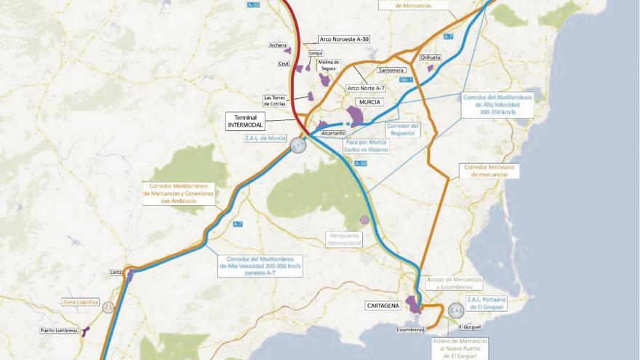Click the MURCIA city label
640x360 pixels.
370,103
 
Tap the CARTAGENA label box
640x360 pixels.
383,306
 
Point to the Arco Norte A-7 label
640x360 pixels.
364,88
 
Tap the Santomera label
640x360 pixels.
391,71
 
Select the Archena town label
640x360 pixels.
278,45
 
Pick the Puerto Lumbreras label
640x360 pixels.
59,331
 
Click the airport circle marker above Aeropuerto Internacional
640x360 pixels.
364,220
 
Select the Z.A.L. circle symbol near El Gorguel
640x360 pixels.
456,311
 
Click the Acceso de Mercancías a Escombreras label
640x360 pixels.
453,283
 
